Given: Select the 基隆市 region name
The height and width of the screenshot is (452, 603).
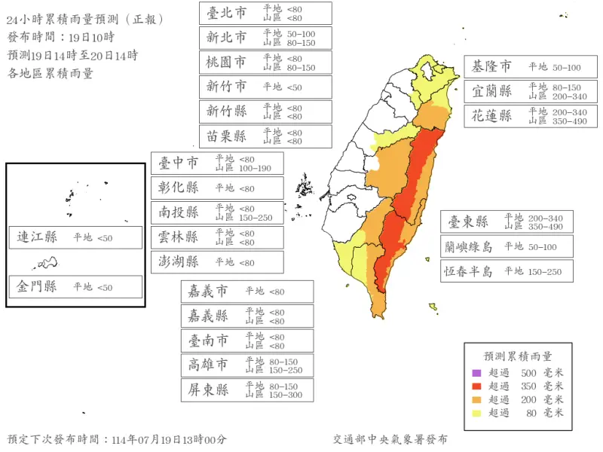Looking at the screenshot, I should tap(491, 67).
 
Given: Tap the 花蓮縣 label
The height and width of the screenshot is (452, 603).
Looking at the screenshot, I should tap(491, 116).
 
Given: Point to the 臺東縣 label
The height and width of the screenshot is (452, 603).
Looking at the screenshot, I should tap(469, 221).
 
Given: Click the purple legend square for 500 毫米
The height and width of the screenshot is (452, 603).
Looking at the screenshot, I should tap(476, 373).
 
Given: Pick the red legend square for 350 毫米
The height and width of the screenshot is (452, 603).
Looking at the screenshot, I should tap(476, 386).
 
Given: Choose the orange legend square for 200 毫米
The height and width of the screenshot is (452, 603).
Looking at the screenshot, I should tap(476, 399).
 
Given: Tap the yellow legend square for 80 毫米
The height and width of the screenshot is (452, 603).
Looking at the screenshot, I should tap(476, 412).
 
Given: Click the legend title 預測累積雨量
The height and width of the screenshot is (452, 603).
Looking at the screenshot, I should tap(517, 356).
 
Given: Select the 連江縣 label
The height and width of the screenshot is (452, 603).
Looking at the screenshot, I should tap(38, 237).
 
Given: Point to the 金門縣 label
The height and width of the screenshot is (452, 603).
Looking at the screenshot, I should tap(38, 286).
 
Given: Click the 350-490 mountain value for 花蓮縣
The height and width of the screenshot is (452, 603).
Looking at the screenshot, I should tap(569, 121).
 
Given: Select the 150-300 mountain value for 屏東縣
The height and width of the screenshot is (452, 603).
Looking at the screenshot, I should tap(286, 395).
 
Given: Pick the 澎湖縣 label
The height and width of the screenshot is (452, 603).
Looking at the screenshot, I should tap(179, 262).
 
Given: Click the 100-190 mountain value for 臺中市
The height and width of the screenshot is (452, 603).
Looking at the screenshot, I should tap(255, 168).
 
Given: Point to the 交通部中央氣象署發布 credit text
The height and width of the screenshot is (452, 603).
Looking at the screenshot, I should tap(390, 439).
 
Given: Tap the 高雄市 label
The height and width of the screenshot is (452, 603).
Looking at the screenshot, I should tap(208, 365).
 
